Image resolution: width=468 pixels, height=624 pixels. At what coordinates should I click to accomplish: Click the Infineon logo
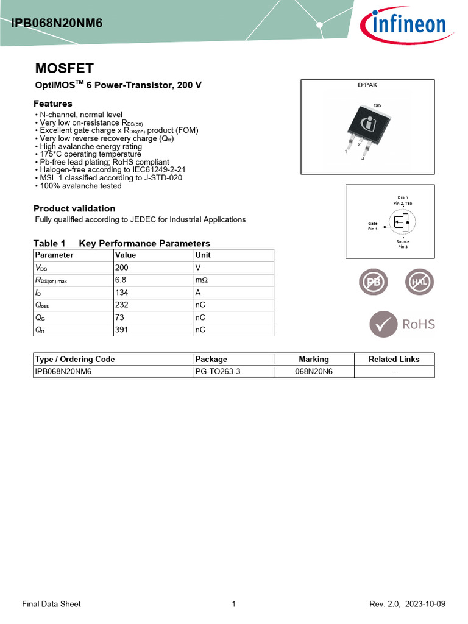click(403, 25)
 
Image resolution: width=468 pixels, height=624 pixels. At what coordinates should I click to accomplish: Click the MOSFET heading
click(64, 68)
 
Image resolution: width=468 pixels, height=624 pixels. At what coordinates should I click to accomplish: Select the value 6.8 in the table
click(121, 280)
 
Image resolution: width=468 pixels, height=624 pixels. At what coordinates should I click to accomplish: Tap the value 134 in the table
click(122, 292)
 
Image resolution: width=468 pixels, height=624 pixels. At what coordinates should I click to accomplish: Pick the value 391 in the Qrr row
click(122, 330)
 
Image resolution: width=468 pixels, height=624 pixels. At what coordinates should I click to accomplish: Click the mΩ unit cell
click(201, 280)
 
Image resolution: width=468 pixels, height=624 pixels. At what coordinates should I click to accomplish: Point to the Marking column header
click(313, 359)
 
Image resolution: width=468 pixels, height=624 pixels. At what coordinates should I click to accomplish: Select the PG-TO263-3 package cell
click(218, 372)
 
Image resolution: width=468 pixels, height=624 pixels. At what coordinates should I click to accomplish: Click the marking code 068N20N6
click(314, 372)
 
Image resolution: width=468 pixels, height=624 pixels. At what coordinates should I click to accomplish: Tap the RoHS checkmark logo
click(402, 324)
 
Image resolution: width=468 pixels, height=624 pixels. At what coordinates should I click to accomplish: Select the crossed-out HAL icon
click(420, 282)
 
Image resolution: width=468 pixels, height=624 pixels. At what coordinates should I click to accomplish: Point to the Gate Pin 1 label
click(372, 226)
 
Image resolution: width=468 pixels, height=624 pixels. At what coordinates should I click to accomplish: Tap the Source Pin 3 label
click(403, 244)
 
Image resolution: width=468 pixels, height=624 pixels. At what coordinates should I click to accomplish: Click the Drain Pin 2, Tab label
click(403, 200)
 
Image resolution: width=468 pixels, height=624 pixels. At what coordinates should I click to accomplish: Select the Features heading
click(53, 104)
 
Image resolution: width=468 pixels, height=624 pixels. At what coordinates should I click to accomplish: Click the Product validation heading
click(74, 208)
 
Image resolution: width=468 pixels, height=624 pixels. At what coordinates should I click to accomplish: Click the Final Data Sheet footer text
click(51, 604)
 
